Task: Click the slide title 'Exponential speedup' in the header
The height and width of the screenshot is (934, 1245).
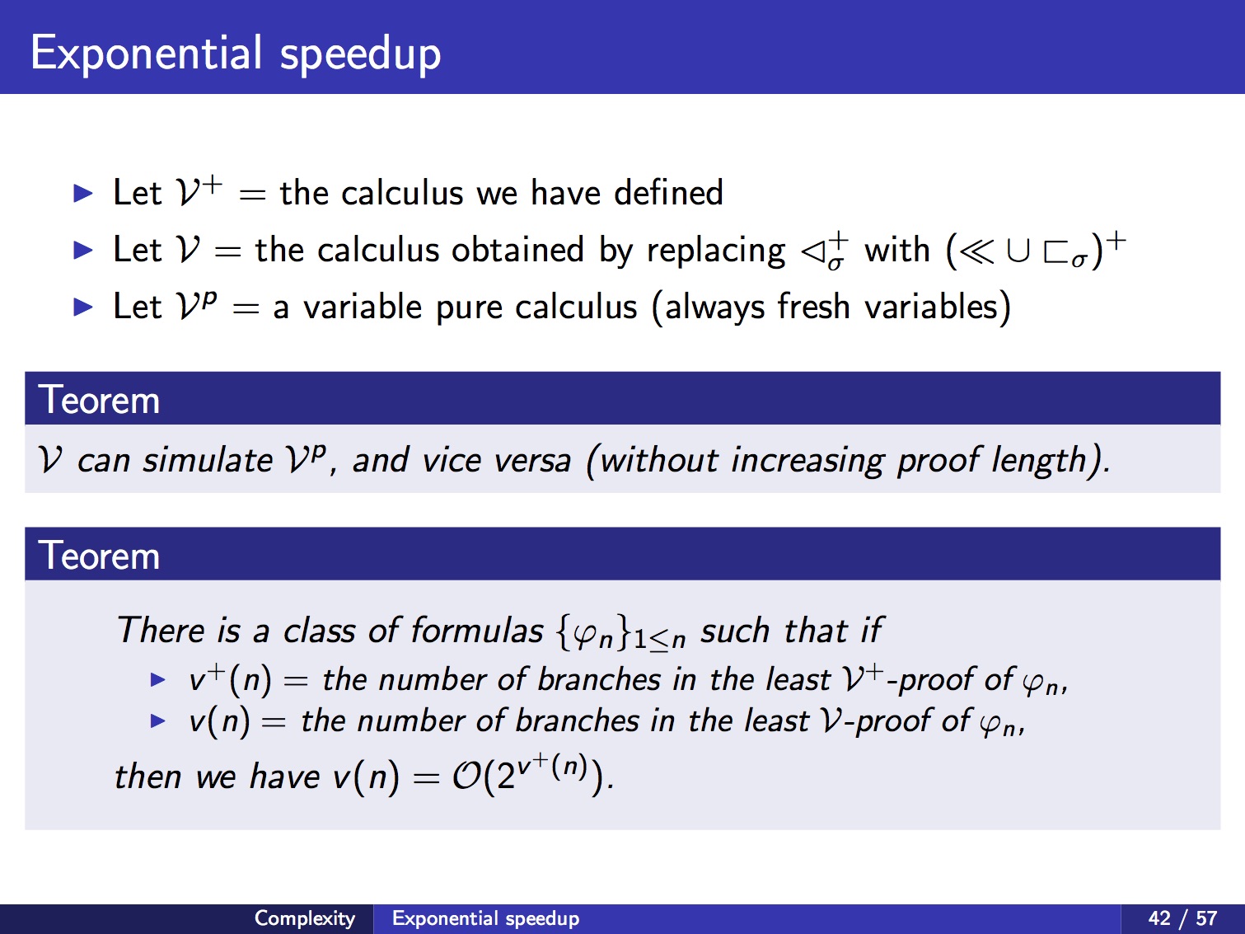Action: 236,54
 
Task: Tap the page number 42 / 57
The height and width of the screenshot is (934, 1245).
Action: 1182,918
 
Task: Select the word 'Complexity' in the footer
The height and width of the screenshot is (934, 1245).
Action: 305,918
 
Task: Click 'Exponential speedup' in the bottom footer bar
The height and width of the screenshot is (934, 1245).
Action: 485,918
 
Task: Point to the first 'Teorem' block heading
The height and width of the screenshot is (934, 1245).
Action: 99,400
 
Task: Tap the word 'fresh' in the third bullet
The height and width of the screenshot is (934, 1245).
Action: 813,307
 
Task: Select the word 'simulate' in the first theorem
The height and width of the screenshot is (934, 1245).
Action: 208,459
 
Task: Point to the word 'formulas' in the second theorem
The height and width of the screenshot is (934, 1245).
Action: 477,630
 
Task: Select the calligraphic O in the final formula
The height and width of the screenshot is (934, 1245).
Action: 467,776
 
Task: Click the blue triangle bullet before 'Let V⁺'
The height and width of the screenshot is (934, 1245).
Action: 83,194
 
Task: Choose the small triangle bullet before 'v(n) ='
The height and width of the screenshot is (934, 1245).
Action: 157,721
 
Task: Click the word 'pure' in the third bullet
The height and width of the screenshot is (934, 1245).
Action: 469,308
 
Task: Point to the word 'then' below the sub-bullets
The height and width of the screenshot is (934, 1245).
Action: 147,777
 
